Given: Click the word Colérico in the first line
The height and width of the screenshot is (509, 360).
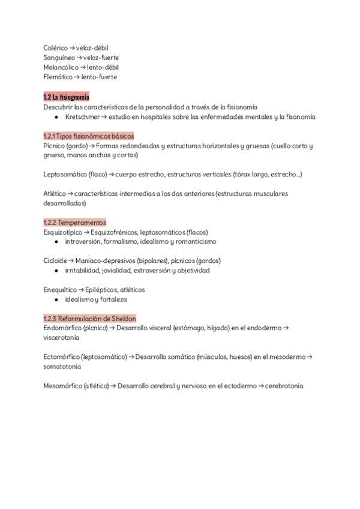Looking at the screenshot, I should point(55,47).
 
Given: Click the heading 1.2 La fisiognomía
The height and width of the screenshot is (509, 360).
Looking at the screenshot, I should point(67,97).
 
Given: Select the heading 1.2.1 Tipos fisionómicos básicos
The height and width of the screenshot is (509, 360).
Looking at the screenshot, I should point(89,136).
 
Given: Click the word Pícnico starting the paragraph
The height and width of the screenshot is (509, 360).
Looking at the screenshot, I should point(55,146).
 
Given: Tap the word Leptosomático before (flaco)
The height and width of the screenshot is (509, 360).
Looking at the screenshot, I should point(67,174).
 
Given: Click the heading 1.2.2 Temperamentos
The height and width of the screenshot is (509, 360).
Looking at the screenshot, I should point(74,222).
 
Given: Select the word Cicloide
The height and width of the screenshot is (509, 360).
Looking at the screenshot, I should point(55,261).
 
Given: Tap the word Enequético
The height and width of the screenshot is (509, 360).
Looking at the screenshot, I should point(60,289).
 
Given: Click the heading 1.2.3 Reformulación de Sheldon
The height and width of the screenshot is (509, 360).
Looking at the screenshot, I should point(90,318).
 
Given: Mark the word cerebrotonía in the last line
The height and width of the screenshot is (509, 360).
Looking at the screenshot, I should point(284,385).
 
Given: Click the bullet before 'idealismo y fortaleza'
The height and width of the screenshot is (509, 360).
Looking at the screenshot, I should point(56,299).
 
